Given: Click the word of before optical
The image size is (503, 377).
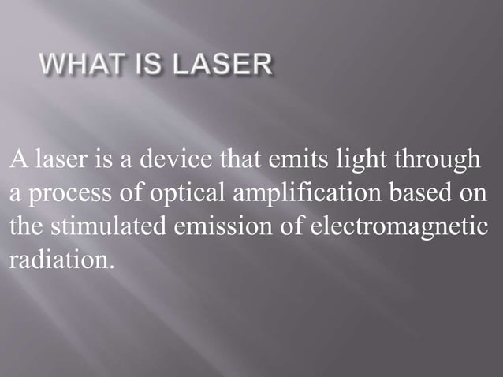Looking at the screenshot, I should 125,194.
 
